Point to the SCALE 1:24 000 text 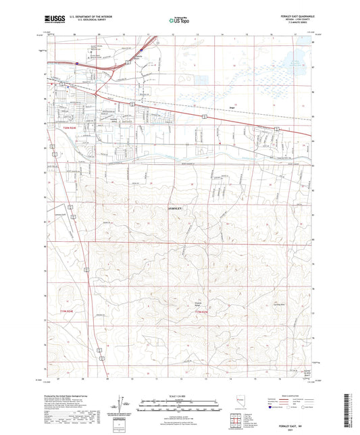tap(179, 396)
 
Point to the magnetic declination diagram tap(123, 406)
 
